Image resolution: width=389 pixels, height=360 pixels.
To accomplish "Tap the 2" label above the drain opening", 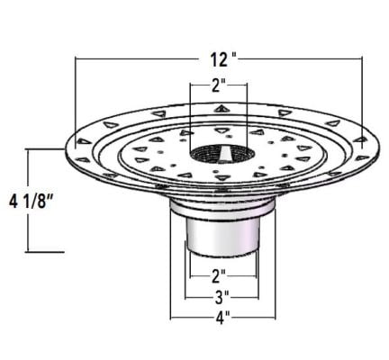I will point(217,88).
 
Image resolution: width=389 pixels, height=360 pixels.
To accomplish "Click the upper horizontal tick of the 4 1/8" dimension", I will point(45,150).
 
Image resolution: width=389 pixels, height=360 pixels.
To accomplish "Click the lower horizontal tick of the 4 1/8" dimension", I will point(45,251).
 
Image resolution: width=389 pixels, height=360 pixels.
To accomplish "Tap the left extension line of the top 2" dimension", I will point(191,112).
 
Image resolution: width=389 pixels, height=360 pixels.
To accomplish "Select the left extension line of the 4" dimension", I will point(171,288).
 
